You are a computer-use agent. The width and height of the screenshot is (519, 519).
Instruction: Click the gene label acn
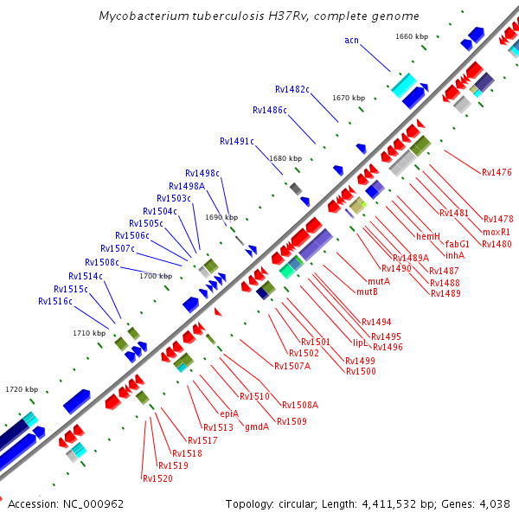[x=351, y=40]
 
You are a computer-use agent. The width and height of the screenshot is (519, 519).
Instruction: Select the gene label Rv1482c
[x=292, y=89]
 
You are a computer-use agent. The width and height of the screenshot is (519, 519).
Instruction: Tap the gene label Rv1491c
[x=237, y=141]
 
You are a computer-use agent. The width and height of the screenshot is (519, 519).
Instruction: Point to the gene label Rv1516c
[x=55, y=301]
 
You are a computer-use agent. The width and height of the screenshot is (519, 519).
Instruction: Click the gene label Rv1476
[x=497, y=172]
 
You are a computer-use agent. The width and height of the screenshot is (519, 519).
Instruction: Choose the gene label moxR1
[x=497, y=232]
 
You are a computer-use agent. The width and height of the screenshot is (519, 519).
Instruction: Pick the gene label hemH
[x=428, y=236]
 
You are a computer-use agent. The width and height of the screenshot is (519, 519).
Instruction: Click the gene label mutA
[x=379, y=281]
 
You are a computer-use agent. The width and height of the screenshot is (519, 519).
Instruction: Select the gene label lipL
[x=361, y=342]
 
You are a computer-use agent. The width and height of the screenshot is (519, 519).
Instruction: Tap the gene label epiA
[x=229, y=413]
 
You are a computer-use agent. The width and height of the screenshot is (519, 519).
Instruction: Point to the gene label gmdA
[x=257, y=426]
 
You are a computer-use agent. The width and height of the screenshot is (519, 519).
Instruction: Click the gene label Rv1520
[x=157, y=478]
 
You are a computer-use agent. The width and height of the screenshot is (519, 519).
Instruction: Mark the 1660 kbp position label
[x=412, y=36]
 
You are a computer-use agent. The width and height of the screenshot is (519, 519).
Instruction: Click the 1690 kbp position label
[x=221, y=217]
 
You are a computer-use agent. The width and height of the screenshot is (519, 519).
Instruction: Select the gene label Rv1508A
[x=300, y=404]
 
